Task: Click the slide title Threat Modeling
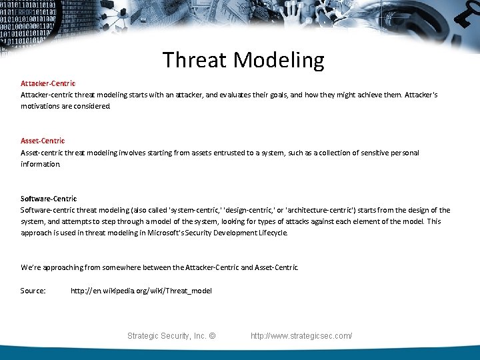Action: [243, 60]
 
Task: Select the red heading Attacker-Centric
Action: [48, 83]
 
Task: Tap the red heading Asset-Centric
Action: [43, 141]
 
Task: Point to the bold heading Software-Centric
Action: [49, 199]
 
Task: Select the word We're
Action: [30, 267]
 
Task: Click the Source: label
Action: [33, 291]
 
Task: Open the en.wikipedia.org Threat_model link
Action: [141, 291]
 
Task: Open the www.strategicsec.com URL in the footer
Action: [301, 336]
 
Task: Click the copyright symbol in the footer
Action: [212, 336]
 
